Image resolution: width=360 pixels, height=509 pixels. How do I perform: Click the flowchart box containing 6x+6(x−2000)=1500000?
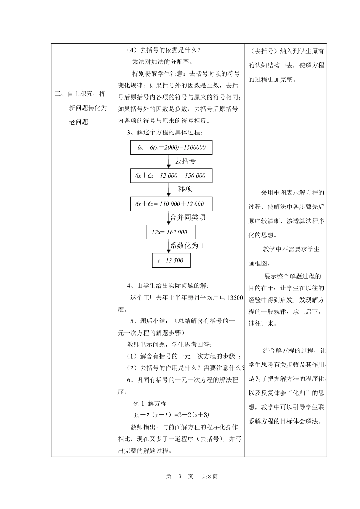[171, 147]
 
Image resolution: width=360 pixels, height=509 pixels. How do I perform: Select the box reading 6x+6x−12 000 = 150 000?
[171, 176]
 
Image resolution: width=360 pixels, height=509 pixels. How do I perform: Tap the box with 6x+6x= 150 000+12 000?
[171, 204]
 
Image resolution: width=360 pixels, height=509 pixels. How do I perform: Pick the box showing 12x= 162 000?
[171, 232]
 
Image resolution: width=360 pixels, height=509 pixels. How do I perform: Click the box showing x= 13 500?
[171, 261]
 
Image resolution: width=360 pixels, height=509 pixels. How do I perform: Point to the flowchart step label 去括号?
[185, 161]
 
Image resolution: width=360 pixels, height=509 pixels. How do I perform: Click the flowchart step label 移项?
[185, 189]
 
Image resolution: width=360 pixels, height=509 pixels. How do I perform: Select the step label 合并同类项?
[188, 217]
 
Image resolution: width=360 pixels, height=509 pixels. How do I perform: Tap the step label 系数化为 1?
[187, 246]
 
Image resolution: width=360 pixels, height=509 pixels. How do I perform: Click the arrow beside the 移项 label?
[169, 189]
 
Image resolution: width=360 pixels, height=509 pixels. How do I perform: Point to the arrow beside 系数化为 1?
[169, 246]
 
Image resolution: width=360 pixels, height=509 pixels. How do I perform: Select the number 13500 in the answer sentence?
[235, 298]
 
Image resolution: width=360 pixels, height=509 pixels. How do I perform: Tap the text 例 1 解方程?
[150, 403]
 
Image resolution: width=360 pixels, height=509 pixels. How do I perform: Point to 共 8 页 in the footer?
[210, 476]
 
